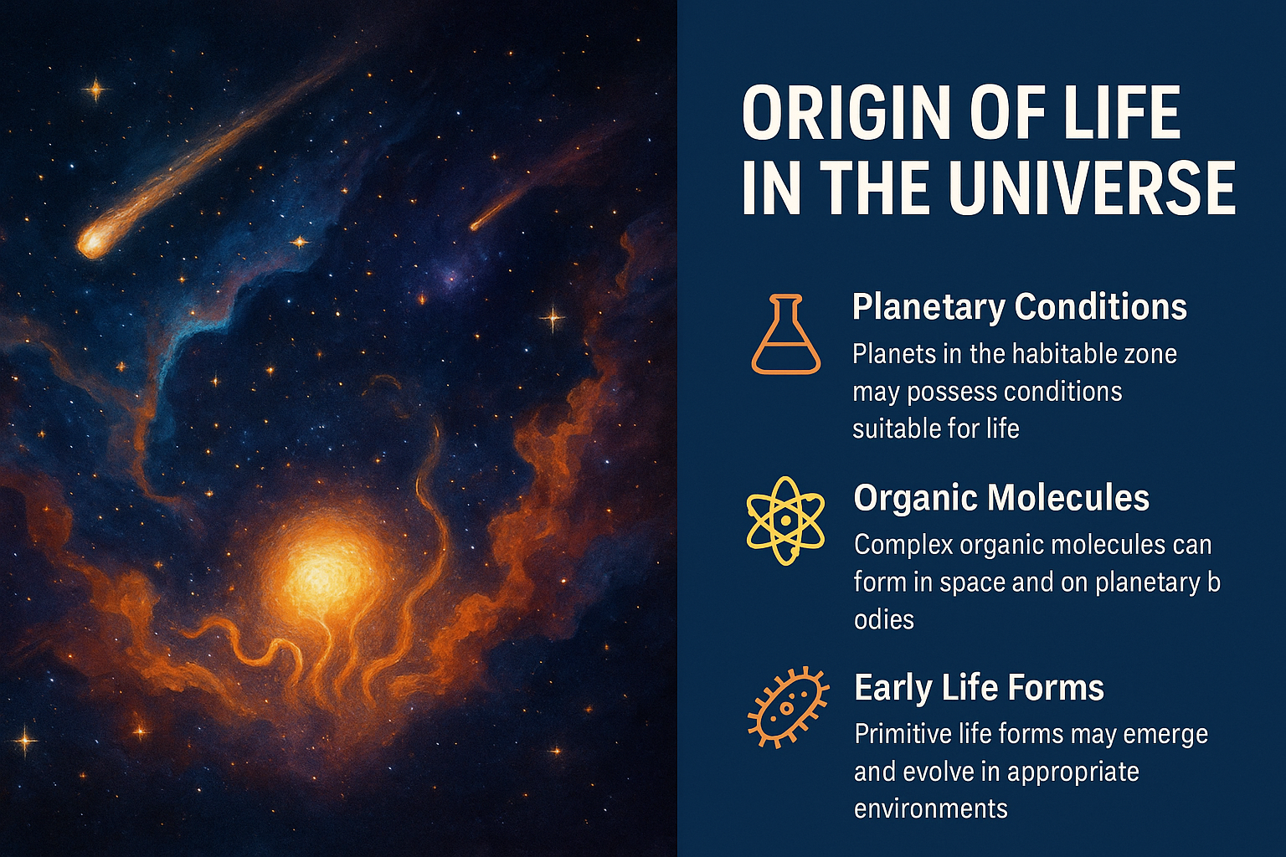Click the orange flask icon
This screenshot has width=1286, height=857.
click(786, 335)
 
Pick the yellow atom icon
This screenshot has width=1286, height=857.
click(785, 521)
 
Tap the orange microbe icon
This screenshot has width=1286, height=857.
click(788, 708)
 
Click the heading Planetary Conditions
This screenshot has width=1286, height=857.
click(1020, 308)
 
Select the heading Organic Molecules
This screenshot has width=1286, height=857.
click(1001, 497)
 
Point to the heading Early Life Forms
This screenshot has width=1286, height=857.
click(979, 688)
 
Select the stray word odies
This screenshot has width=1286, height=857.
click(884, 619)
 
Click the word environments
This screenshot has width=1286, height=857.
click(931, 809)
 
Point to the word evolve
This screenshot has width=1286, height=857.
click(934, 772)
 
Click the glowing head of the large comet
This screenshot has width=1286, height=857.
click(92, 242)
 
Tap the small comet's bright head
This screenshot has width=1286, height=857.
click(475, 226)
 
